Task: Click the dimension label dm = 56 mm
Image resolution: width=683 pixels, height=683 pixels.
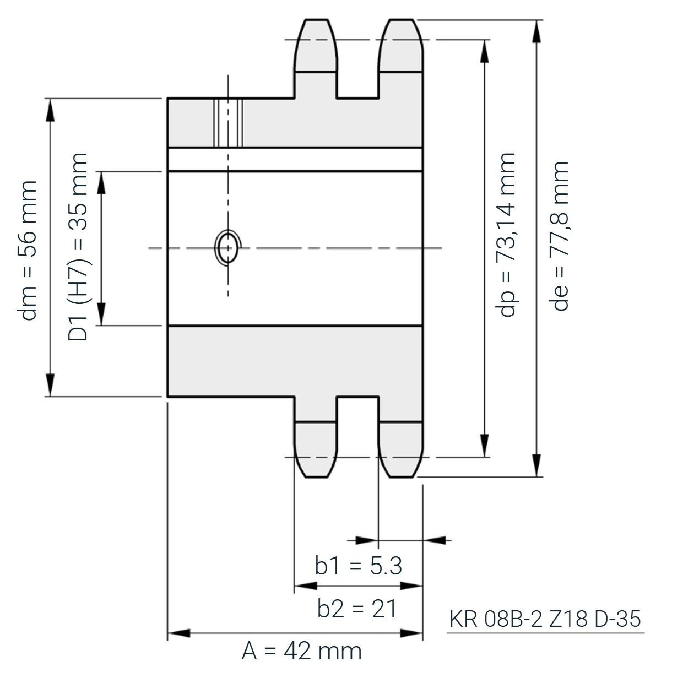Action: (27, 251)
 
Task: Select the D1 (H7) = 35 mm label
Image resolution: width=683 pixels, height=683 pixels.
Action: (78, 247)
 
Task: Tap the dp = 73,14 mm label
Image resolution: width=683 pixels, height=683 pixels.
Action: (506, 235)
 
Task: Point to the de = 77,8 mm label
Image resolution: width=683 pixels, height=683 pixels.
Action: (559, 236)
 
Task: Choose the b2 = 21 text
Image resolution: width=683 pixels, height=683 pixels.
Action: (356, 609)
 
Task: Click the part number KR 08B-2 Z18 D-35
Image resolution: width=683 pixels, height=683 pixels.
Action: (545, 619)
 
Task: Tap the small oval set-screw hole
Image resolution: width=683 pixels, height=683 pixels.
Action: (228, 248)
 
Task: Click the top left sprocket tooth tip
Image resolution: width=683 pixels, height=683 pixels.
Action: (316, 20)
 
